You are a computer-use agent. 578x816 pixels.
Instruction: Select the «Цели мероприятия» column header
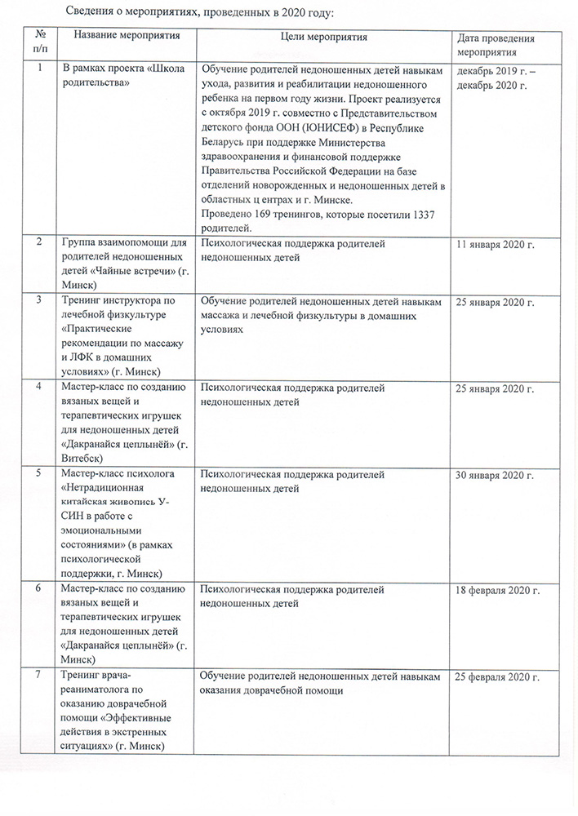point(323,38)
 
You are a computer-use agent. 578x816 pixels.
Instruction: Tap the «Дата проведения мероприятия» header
point(496,44)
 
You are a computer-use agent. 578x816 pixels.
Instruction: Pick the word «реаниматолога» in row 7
point(97,690)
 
